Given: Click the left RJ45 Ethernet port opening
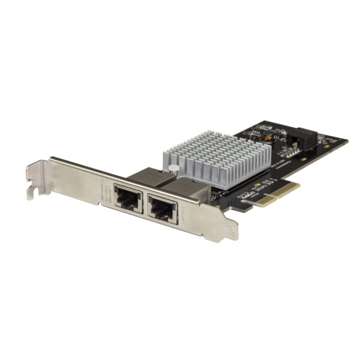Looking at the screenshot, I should click(x=128, y=199).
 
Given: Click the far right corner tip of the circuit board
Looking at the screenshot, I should click(x=347, y=142).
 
